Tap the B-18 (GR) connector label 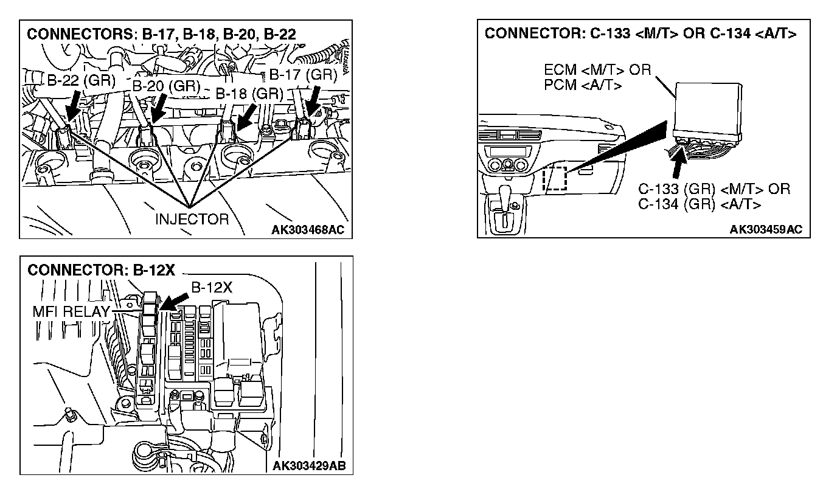point(249,94)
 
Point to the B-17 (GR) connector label point(303,75)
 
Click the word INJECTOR point(192,219)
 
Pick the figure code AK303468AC point(311,229)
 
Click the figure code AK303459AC point(766,229)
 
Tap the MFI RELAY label point(71,312)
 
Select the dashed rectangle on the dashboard point(554,178)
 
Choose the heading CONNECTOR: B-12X point(101,270)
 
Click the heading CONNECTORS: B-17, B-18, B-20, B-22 point(161,35)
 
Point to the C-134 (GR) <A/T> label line point(699,204)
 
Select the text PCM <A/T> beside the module point(583,85)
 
